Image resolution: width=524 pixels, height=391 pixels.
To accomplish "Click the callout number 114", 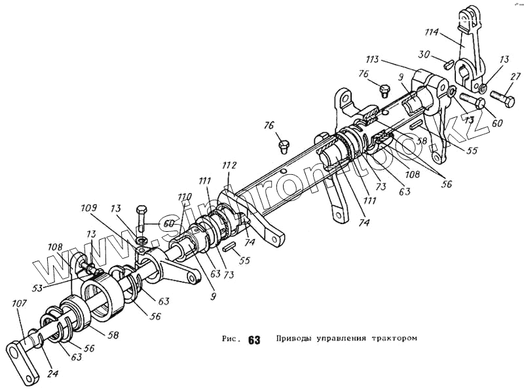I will pyautogui.click(x=449, y=31).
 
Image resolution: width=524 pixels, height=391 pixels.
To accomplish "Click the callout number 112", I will pyautogui.click(x=230, y=165).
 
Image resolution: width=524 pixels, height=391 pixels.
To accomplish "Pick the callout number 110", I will pyautogui.click(x=184, y=196).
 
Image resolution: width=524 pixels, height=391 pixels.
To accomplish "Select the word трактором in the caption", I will pyautogui.click(x=394, y=339).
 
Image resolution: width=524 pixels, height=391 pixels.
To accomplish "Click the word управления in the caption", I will pyautogui.click(x=342, y=339).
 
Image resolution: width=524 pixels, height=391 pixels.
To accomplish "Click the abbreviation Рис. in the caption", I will pyautogui.click(x=232, y=340).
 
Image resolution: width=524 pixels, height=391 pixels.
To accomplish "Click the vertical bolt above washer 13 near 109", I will pyautogui.click(x=141, y=219).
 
